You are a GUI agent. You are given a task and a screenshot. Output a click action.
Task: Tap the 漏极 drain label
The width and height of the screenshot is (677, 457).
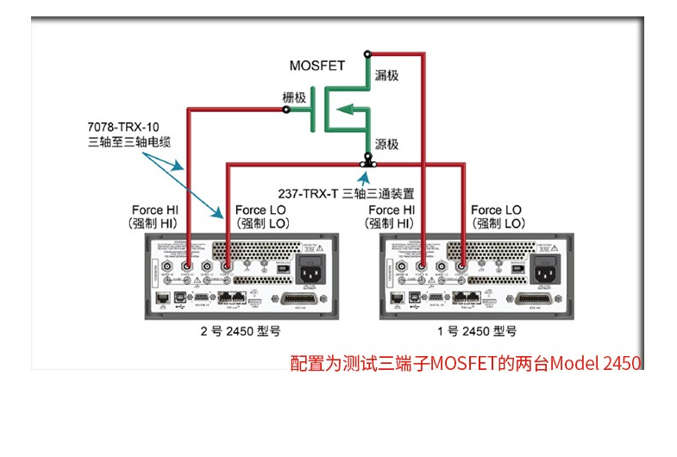386,76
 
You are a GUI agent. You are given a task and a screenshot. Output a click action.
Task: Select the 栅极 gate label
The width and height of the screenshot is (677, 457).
294,97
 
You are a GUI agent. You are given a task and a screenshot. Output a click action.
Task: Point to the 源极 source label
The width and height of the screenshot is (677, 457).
386,143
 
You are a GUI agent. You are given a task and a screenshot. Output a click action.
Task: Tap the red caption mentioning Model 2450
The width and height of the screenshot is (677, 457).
466,363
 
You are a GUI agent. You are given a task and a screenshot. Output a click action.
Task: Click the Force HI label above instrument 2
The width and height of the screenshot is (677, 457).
155,216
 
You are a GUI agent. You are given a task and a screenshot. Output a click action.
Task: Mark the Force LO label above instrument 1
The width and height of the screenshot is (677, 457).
496,216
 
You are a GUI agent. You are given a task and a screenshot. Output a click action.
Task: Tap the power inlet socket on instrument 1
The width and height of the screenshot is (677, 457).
546,271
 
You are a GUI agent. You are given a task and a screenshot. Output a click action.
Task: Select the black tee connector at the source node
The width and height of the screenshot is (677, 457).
367,161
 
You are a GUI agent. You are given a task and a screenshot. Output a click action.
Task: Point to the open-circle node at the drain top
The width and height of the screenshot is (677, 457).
367,53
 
